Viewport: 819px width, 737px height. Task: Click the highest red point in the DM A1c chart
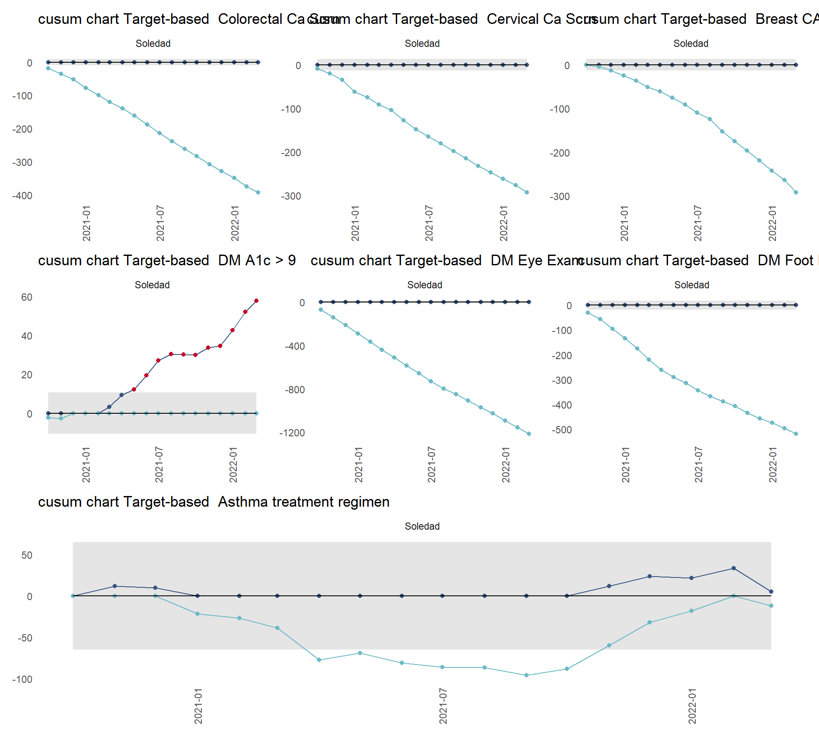pyautogui.click(x=256, y=301)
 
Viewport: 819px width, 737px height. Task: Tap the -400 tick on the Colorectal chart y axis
pyautogui.click(x=22, y=196)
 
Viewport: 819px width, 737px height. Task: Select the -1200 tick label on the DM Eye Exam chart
pyautogui.click(x=292, y=433)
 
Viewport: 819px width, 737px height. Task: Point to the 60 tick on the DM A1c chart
pyautogui.click(x=27, y=297)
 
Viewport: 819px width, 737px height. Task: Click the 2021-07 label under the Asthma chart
pyautogui.click(x=443, y=705)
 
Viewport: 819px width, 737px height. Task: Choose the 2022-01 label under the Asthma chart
pyautogui.click(x=692, y=705)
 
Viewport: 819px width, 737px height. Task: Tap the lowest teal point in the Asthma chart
pyautogui.click(x=526, y=675)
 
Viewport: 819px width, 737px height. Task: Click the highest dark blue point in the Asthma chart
pyautogui.click(x=734, y=568)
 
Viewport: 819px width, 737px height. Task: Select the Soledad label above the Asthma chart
pyautogui.click(x=422, y=526)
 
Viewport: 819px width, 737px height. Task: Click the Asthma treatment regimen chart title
pyautogui.click(x=214, y=502)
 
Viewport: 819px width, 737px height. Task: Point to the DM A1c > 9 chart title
pyautogui.click(x=167, y=261)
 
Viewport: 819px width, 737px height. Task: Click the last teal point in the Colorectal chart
pyautogui.click(x=258, y=192)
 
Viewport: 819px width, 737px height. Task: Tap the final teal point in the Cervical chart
pyautogui.click(x=527, y=192)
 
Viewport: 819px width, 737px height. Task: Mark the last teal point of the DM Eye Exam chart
pyautogui.click(x=529, y=434)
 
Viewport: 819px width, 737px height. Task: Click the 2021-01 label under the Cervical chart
pyautogui.click(x=355, y=223)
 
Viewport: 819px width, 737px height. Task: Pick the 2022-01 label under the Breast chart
pyautogui.click(x=773, y=223)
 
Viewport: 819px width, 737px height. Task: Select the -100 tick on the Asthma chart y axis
pyautogui.click(x=22, y=679)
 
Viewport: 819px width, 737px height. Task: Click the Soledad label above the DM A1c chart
pyautogui.click(x=152, y=285)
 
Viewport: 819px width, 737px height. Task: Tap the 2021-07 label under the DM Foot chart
pyautogui.click(x=698, y=464)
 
